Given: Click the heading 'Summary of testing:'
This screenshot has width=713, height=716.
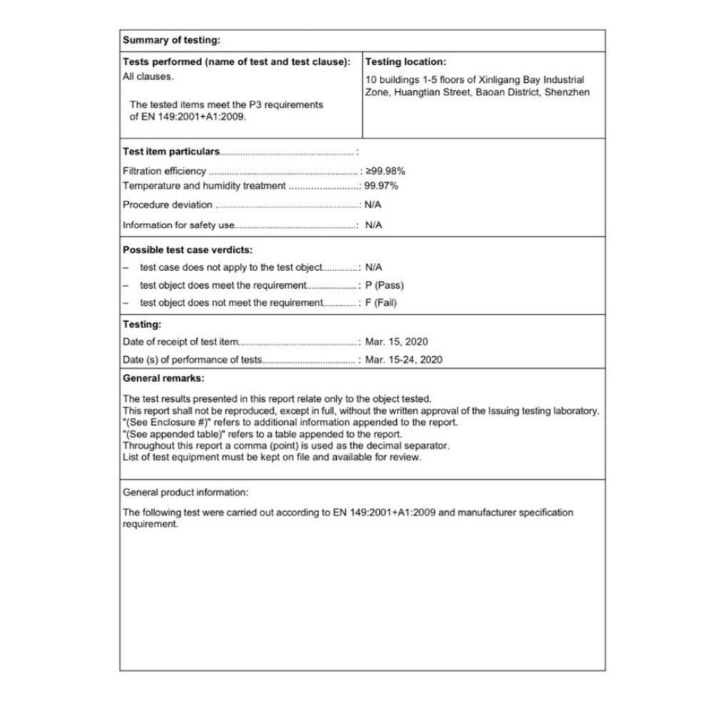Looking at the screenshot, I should [171, 41].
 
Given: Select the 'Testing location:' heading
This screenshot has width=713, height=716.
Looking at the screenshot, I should [406, 62].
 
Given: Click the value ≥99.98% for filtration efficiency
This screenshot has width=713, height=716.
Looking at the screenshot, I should [385, 171].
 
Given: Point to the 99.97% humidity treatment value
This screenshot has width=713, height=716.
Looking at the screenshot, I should [381, 186].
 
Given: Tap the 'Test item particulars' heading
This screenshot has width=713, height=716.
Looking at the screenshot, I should [171, 152].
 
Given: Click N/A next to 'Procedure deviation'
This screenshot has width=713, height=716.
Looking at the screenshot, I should [374, 205].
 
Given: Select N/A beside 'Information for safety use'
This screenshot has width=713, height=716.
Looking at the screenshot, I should [374, 225].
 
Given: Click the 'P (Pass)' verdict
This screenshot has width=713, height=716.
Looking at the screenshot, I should [384, 285].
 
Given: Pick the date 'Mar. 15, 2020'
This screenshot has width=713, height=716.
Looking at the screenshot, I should [396, 342].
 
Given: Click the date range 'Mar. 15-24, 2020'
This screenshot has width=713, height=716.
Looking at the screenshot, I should [404, 360].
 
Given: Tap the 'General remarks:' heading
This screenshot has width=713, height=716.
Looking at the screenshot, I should [163, 378].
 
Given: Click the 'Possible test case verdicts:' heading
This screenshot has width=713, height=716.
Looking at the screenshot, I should [187, 250].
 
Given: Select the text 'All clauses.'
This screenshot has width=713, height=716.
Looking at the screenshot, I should [148, 76].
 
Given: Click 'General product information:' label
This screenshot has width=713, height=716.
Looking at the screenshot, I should [186, 492].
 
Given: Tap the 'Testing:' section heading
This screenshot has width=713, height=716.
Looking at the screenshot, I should [142, 324].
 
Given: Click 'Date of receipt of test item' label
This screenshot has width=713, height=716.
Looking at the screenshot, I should [181, 342].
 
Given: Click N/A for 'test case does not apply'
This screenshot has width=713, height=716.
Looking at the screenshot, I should [374, 267].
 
